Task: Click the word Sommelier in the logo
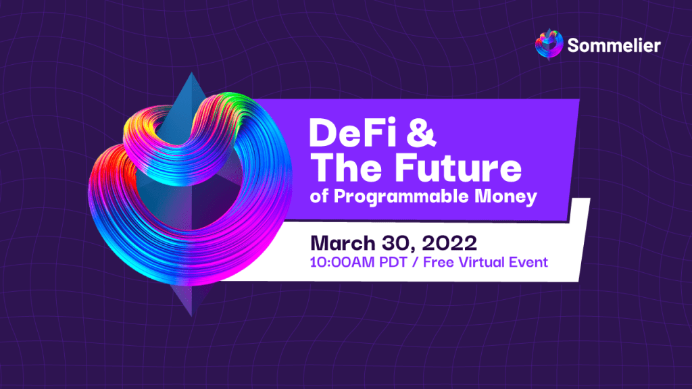click(614, 45)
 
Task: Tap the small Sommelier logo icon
click(549, 44)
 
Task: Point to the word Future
click(458, 167)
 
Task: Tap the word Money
click(505, 197)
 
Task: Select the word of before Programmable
click(319, 197)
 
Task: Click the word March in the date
click(343, 243)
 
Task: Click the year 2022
click(449, 243)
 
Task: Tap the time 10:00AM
click(342, 263)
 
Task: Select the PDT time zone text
click(393, 263)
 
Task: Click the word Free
click(438, 263)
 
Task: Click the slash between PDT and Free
click(415, 263)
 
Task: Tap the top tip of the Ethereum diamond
click(191, 73)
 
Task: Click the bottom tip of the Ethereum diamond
click(192, 316)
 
